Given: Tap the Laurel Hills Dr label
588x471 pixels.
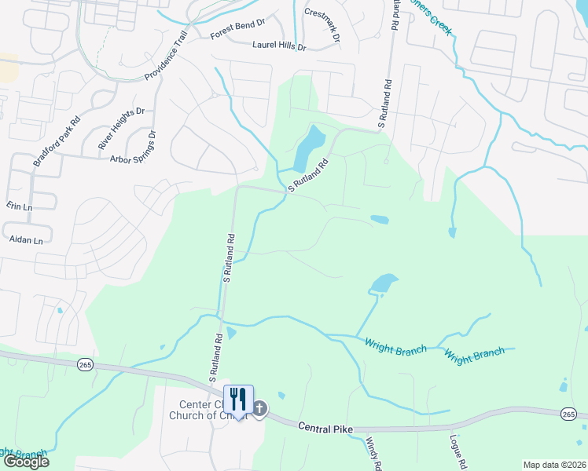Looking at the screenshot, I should pyautogui.click(x=278, y=46).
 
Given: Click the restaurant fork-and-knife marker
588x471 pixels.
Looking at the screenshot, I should pyautogui.click(x=238, y=399).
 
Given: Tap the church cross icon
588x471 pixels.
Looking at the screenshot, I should pyautogui.click(x=260, y=408).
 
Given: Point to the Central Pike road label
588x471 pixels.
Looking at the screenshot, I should pyautogui.click(x=325, y=427).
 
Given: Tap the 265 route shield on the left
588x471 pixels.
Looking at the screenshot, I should pyautogui.click(x=86, y=364).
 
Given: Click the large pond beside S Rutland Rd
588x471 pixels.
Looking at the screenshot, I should pyautogui.click(x=307, y=148).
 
